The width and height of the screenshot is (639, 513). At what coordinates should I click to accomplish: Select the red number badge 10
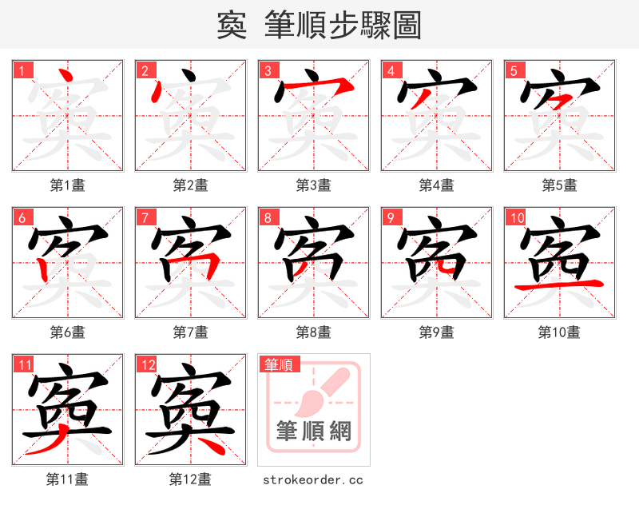point(516,217)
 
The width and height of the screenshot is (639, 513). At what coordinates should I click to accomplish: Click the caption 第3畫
point(313,185)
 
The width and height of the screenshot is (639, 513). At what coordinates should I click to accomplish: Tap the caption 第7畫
point(190,332)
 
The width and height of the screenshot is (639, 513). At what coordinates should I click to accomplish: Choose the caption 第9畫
point(436,332)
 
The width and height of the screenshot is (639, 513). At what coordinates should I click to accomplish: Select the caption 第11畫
point(67,479)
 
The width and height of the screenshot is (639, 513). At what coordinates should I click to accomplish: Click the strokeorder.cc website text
point(313,479)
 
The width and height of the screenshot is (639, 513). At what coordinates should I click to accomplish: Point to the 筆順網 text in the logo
point(313,431)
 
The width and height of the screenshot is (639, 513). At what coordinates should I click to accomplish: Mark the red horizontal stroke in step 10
point(559,284)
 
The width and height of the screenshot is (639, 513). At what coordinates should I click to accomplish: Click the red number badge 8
point(268,217)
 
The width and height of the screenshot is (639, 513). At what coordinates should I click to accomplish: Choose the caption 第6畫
point(67,332)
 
